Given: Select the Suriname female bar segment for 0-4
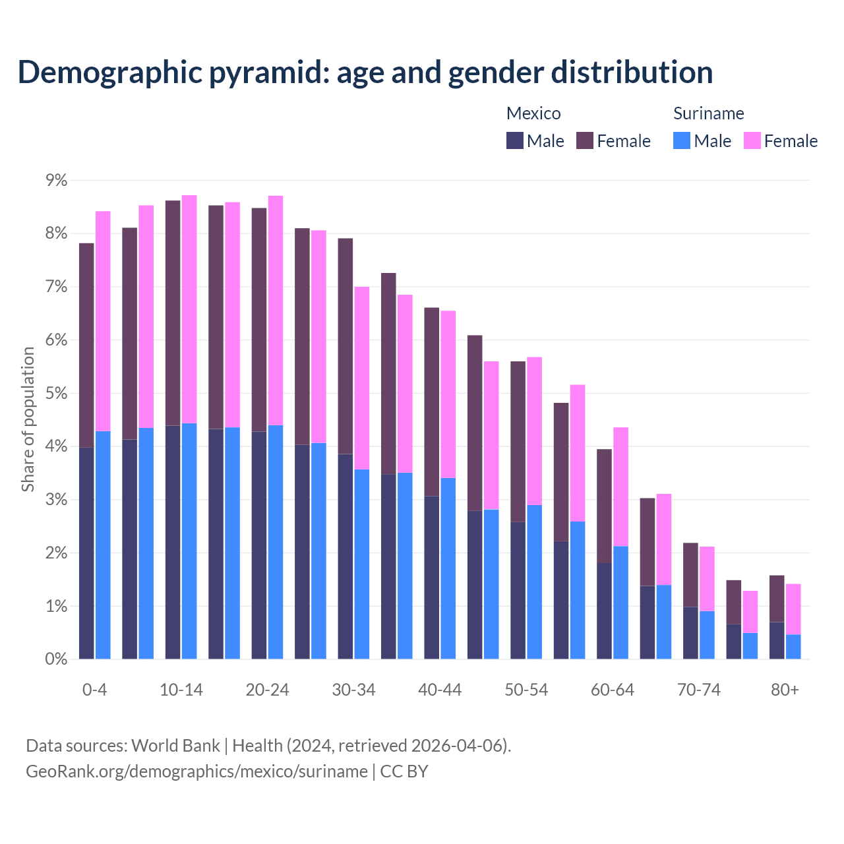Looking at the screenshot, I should [104, 320].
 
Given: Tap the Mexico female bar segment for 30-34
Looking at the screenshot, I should [346, 346].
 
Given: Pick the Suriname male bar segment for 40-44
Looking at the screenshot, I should [448, 568].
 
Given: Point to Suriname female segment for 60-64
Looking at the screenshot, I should [621, 486].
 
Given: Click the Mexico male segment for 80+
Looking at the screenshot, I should [777, 640].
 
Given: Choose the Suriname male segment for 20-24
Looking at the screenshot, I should [276, 541].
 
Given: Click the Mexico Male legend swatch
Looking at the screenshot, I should [515, 140].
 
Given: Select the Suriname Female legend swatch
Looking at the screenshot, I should [752, 140].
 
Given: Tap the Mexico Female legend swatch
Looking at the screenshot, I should [585, 140].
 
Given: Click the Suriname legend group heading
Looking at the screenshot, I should [708, 113].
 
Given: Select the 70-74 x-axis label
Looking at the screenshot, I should [699, 690].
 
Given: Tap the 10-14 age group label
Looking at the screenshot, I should [181, 690].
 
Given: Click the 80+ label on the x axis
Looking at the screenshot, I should [785, 690].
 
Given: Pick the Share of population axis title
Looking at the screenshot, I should [28, 419].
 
